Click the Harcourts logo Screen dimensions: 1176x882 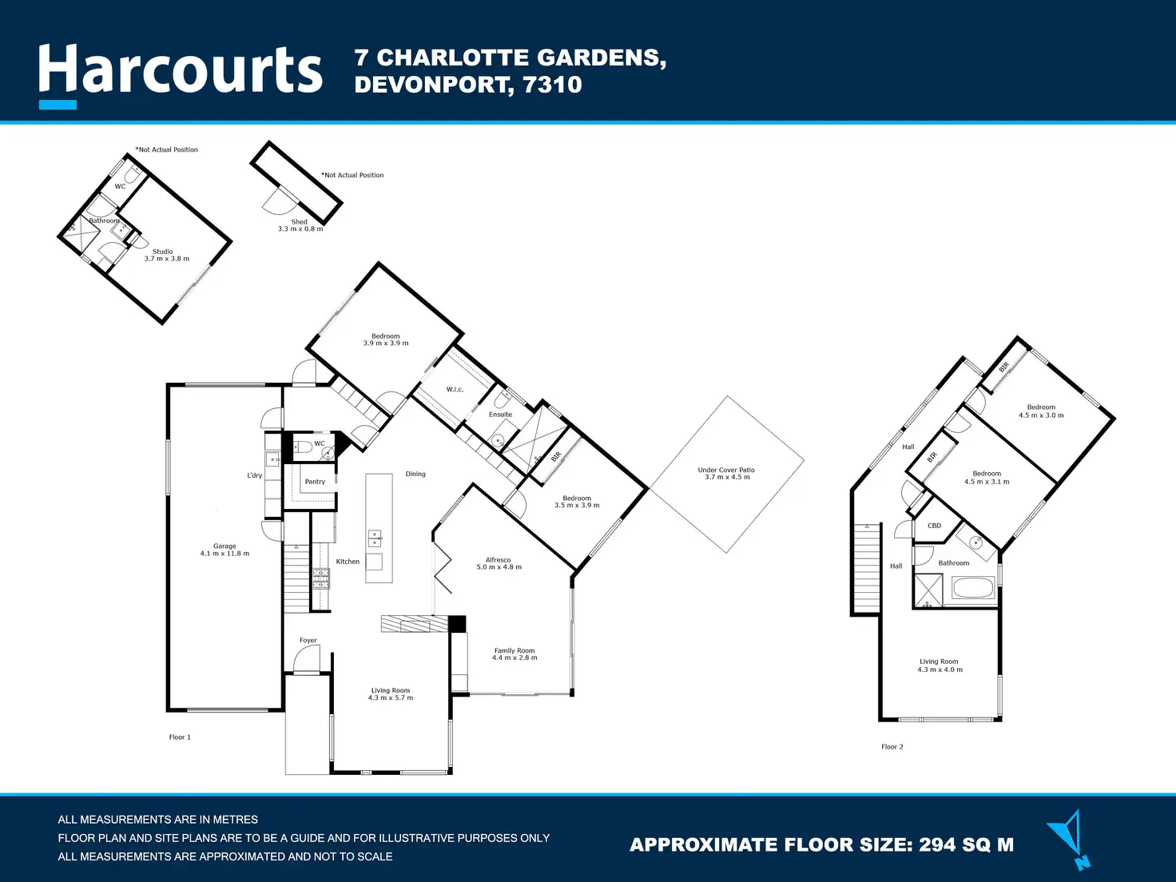[181, 72]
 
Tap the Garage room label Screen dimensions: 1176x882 [224, 550]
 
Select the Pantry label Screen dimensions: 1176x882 [315, 482]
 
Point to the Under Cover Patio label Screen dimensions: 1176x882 [726, 474]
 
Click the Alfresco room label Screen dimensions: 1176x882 [499, 563]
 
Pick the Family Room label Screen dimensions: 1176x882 [514, 654]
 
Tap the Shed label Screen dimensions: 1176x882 [300, 225]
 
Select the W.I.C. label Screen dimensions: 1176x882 [455, 390]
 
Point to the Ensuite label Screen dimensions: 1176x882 [500, 415]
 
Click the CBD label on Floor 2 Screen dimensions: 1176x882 [934, 526]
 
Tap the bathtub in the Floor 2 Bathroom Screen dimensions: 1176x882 [973, 589]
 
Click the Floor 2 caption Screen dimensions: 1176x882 [892, 747]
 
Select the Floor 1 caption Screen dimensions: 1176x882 [180, 737]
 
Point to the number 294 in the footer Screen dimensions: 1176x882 [942, 845]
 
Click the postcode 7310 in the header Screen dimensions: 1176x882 [552, 85]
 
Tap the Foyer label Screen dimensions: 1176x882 [308, 640]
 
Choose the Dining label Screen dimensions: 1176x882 [415, 474]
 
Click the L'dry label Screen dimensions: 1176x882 [254, 475]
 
